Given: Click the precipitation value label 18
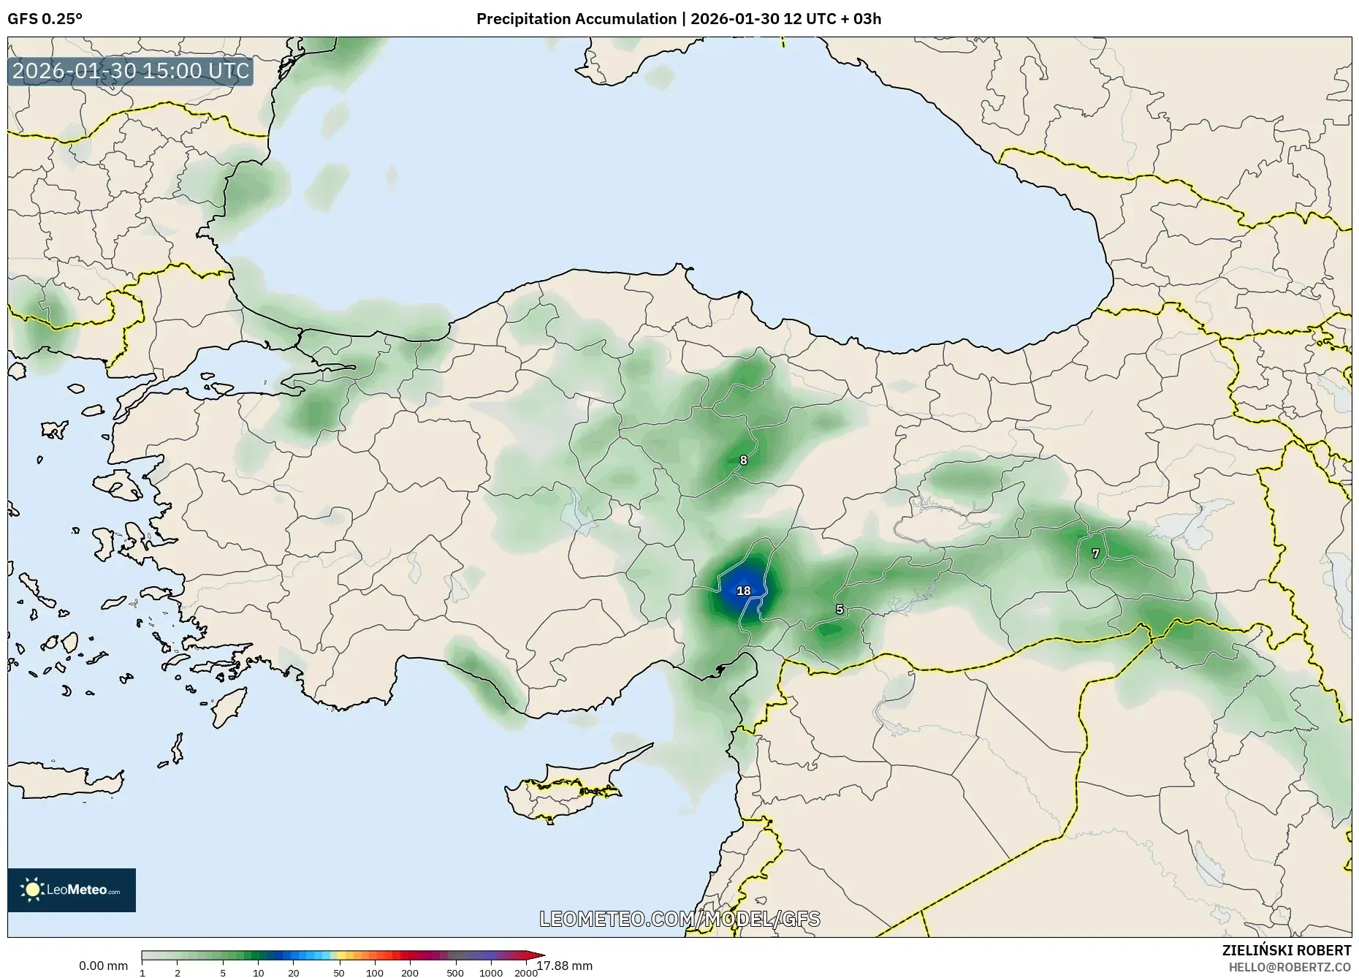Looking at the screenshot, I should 744,591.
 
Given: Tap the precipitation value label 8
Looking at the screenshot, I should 744,460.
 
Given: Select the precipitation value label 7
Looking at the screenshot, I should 1095,554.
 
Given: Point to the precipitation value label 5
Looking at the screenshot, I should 840,610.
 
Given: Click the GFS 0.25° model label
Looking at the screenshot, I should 45,19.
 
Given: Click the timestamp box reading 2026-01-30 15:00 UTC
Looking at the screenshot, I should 131,71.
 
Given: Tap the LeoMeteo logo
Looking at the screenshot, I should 72,890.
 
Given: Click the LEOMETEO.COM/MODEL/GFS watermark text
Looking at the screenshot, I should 679,919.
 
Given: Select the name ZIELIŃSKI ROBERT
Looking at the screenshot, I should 1286,950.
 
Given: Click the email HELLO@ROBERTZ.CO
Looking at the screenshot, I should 1290,967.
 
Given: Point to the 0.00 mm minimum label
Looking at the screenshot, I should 103,966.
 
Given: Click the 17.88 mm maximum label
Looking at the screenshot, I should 565,966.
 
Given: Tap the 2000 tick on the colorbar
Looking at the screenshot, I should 526,973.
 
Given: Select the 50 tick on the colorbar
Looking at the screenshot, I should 339,973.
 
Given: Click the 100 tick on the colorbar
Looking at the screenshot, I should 375,973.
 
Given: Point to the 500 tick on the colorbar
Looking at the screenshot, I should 455,973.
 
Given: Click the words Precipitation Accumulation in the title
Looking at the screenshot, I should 576,19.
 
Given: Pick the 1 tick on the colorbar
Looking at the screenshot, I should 142,973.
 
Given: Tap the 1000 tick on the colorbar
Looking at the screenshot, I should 491,973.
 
